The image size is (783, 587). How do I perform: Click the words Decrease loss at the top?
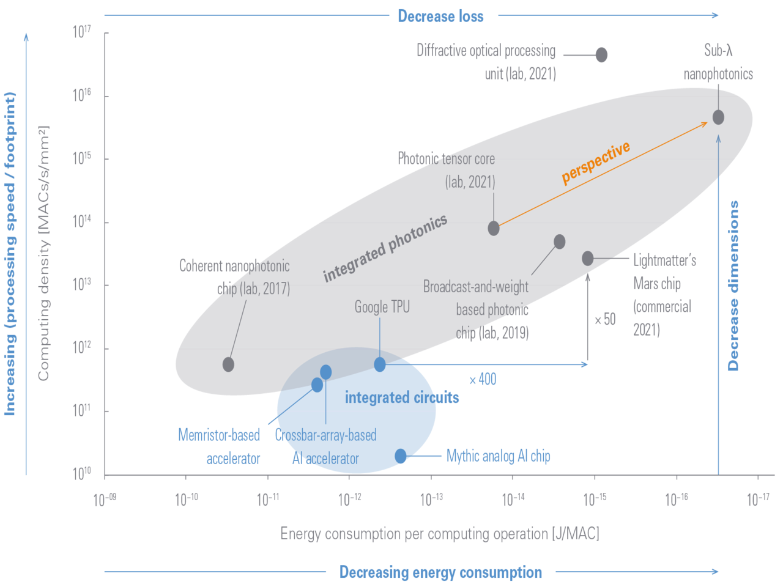coord(440,16)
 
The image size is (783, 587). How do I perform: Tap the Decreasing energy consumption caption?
coord(440,572)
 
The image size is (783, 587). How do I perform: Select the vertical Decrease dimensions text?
coord(733,285)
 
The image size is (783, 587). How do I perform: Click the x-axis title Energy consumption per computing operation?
coord(440,534)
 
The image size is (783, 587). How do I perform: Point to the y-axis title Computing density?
coord(43,253)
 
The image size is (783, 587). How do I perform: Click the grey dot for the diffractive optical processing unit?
coord(601,55)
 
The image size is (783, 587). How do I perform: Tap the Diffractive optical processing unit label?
coord(487,62)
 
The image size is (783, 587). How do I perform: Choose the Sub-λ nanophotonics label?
coord(718,62)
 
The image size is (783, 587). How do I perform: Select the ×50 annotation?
coord(605,319)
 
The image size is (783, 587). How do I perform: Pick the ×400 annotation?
coord(483,379)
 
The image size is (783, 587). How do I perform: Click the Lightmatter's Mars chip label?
coord(664,295)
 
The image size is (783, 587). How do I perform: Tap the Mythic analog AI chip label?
coord(498,456)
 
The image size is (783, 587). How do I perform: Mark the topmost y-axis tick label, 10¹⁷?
coord(82,32)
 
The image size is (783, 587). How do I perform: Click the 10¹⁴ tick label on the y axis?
coord(82,221)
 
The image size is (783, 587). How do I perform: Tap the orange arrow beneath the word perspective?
coord(603,174)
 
